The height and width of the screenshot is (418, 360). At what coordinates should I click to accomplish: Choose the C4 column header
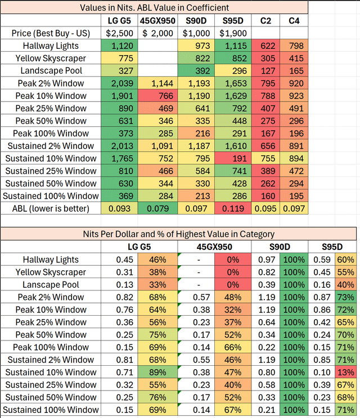[294, 21]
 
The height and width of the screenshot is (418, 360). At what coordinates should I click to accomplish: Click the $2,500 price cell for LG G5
[120, 33]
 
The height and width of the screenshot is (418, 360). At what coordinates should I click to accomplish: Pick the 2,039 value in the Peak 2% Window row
[120, 83]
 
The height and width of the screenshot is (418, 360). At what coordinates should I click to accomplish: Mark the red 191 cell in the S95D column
[232, 158]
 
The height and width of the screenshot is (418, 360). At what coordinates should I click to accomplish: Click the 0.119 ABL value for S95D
[232, 208]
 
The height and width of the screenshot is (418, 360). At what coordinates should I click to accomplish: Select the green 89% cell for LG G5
[155, 372]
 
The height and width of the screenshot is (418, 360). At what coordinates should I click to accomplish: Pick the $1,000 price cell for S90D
[195, 33]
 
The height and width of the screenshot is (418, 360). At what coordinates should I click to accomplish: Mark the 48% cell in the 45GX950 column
[230, 297]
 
